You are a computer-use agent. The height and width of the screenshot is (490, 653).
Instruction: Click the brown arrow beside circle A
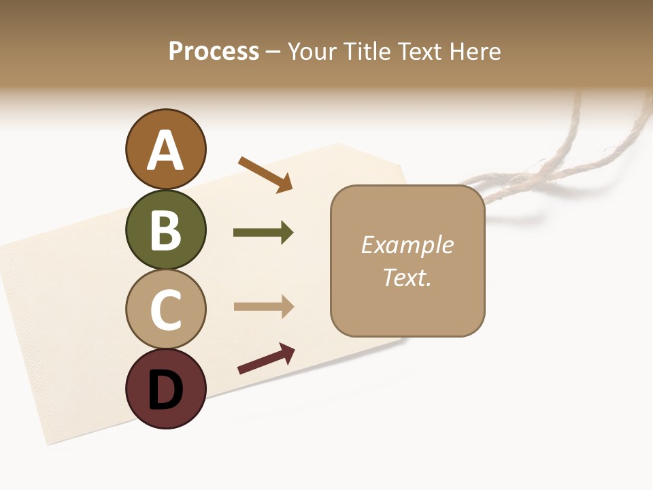point(265,174)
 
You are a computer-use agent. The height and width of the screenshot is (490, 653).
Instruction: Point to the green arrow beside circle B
point(263,233)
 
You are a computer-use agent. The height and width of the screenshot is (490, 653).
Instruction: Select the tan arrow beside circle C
point(263,307)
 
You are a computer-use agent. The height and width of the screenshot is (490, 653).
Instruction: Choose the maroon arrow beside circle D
point(266,359)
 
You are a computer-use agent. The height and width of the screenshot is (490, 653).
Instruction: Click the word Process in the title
point(214,52)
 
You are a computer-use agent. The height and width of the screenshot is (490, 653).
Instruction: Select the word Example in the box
point(407,245)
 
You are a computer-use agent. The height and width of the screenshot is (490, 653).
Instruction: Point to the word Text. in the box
point(407,278)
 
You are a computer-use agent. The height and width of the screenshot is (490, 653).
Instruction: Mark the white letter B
point(165,230)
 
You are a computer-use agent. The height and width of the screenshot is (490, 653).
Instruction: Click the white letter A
point(165,150)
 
